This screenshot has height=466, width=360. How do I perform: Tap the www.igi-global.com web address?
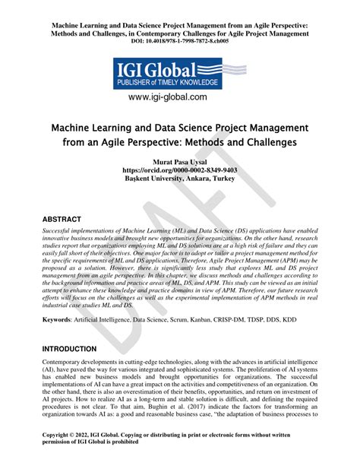coord(179,97)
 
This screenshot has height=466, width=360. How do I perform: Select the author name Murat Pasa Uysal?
coord(180,161)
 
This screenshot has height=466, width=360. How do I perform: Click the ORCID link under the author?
coord(180,170)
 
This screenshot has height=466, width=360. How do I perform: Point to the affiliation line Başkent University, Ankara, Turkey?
coord(180,179)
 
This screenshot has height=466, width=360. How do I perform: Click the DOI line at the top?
coord(179,40)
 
